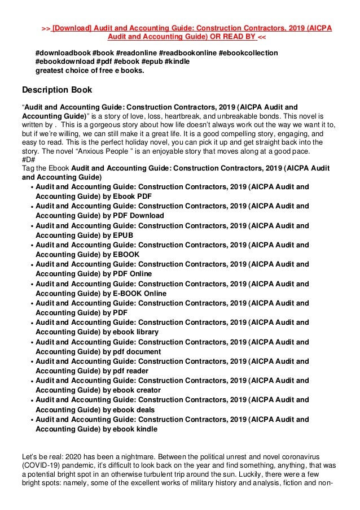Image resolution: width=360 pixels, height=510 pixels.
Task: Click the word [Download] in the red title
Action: click(x=72, y=28)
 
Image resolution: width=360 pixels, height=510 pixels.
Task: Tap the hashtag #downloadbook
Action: click(x=62, y=53)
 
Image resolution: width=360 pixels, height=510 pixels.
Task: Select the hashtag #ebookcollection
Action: click(x=248, y=53)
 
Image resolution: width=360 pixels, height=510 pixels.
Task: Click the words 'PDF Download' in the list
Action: click(x=138, y=216)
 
